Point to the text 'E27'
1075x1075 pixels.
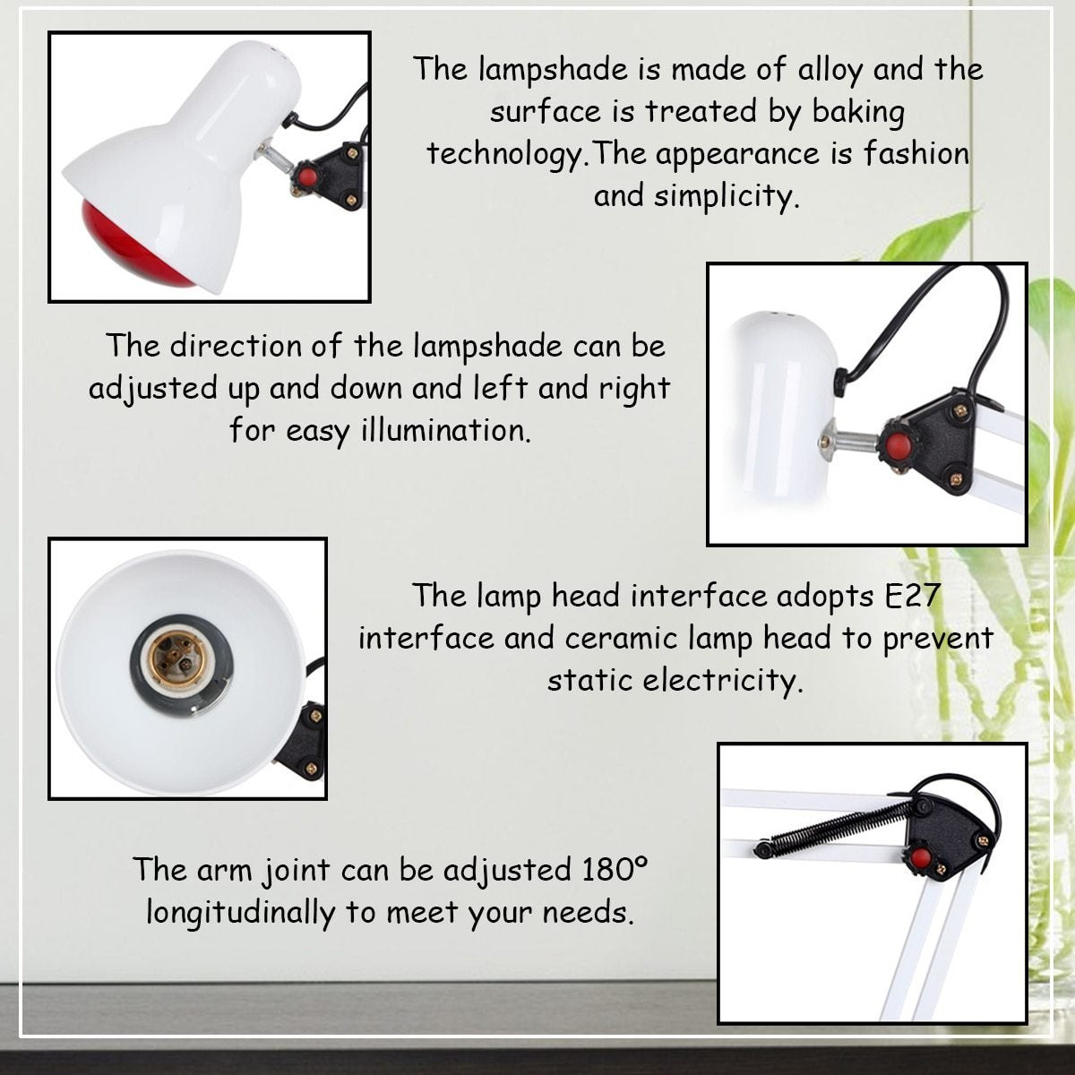[x=913, y=595]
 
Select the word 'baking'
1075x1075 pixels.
[x=858, y=113]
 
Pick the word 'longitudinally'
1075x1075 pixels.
[x=240, y=914]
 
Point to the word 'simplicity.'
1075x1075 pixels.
[x=727, y=197]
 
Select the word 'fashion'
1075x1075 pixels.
[x=916, y=153]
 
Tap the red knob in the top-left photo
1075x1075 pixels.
[x=306, y=176]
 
